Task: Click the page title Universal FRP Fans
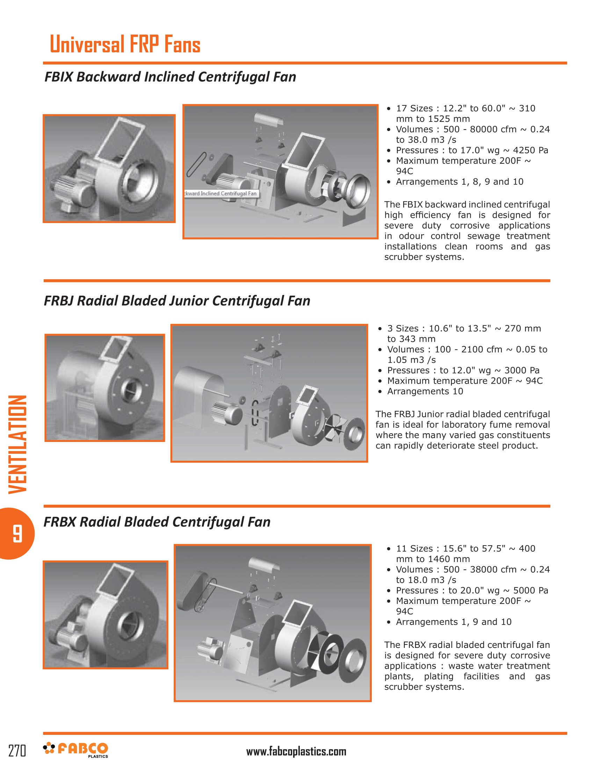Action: (x=125, y=44)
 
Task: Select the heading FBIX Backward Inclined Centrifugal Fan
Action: (x=170, y=77)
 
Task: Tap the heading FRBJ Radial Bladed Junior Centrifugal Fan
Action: (x=177, y=301)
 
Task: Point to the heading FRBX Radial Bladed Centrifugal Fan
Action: (x=157, y=522)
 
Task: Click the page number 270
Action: (x=17, y=751)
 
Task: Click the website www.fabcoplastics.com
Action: (x=296, y=752)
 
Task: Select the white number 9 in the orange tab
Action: (x=17, y=533)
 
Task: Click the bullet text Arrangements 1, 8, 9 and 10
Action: (x=459, y=182)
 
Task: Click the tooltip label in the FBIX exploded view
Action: (x=222, y=193)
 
